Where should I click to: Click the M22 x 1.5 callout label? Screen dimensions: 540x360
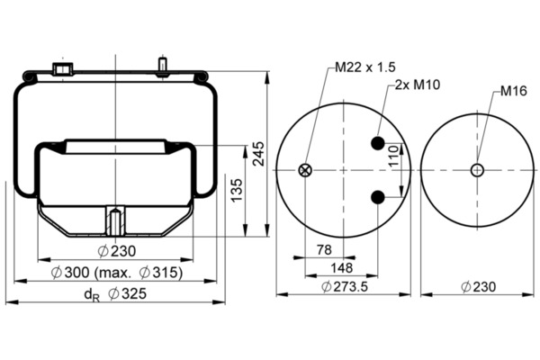(365, 67)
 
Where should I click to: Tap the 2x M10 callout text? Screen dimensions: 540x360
(418, 85)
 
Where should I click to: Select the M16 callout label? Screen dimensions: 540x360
(514, 91)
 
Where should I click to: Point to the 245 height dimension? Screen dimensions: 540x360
(258, 154)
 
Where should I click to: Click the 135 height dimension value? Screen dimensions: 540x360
(236, 191)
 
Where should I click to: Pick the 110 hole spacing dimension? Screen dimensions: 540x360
(393, 156)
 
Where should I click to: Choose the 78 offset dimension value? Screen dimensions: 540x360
(324, 250)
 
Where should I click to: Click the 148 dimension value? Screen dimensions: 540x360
(342, 267)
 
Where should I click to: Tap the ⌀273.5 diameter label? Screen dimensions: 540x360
(345, 286)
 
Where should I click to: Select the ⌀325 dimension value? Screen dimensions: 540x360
(127, 294)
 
